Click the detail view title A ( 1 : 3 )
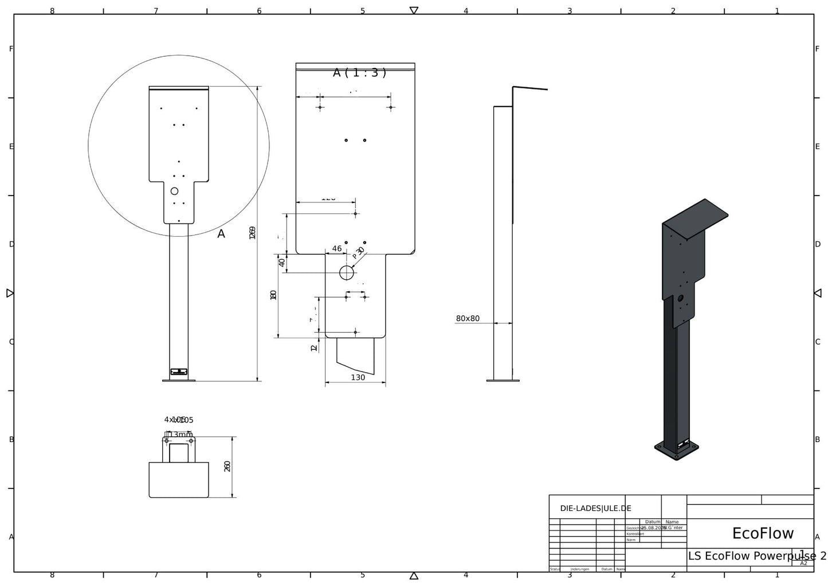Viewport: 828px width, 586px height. (359, 72)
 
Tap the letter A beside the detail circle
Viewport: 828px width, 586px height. (221, 234)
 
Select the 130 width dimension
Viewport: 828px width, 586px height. (358, 377)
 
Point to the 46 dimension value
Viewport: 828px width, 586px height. (337, 249)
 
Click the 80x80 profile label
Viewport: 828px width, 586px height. (468, 318)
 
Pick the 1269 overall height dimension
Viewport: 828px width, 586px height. (253, 233)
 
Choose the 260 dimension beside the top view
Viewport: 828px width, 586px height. (227, 466)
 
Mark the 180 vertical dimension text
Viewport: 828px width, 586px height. (273, 295)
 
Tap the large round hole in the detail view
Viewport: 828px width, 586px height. (347, 273)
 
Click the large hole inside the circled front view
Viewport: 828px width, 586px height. (175, 191)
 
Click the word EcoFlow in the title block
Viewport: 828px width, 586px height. (763, 533)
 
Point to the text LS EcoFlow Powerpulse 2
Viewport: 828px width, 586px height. (756, 556)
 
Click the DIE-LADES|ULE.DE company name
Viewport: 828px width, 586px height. (595, 508)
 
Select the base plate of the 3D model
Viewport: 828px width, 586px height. (677, 452)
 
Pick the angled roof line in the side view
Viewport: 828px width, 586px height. (531, 88)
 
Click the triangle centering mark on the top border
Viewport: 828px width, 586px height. (414, 10)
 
